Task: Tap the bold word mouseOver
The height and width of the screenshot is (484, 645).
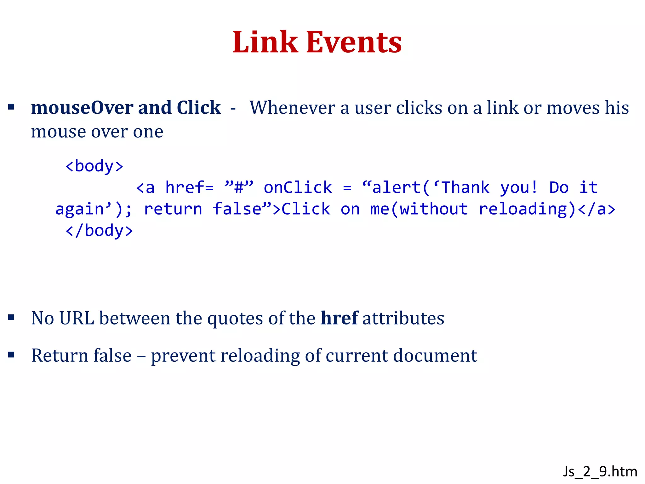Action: pyautogui.click(x=82, y=108)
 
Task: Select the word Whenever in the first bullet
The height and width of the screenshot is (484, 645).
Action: pyautogui.click(x=292, y=108)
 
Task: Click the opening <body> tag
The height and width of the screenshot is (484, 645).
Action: pyautogui.click(x=94, y=166)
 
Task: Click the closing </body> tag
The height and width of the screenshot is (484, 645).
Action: pyautogui.click(x=99, y=231)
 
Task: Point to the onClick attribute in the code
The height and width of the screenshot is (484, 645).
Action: pyautogui.click(x=298, y=187)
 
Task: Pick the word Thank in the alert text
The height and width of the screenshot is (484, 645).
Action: pyautogui.click(x=465, y=187)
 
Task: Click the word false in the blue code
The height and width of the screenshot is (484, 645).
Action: pyautogui.click(x=237, y=209)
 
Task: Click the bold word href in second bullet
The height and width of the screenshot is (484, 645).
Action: pyautogui.click(x=339, y=318)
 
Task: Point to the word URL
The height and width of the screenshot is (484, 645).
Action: pyautogui.click(x=77, y=318)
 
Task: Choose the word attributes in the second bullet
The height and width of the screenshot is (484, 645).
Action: pyautogui.click(x=403, y=318)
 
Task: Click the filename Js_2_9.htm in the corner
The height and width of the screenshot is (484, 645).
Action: pyautogui.click(x=600, y=471)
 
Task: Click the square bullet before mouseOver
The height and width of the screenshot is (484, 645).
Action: pyautogui.click(x=11, y=107)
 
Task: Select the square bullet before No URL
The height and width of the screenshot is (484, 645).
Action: pyautogui.click(x=11, y=317)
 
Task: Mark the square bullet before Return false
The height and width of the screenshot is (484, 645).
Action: pyautogui.click(x=11, y=355)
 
